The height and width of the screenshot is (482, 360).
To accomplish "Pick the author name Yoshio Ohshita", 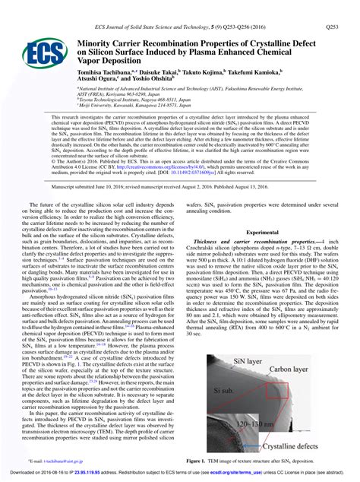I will click(x=156, y=76).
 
